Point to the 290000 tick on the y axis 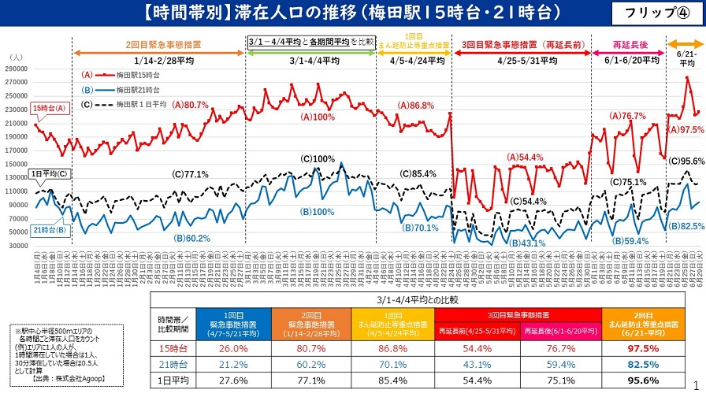(x=16, y=69)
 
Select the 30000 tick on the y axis (x=18, y=246)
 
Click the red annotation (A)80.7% (x=191, y=104)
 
